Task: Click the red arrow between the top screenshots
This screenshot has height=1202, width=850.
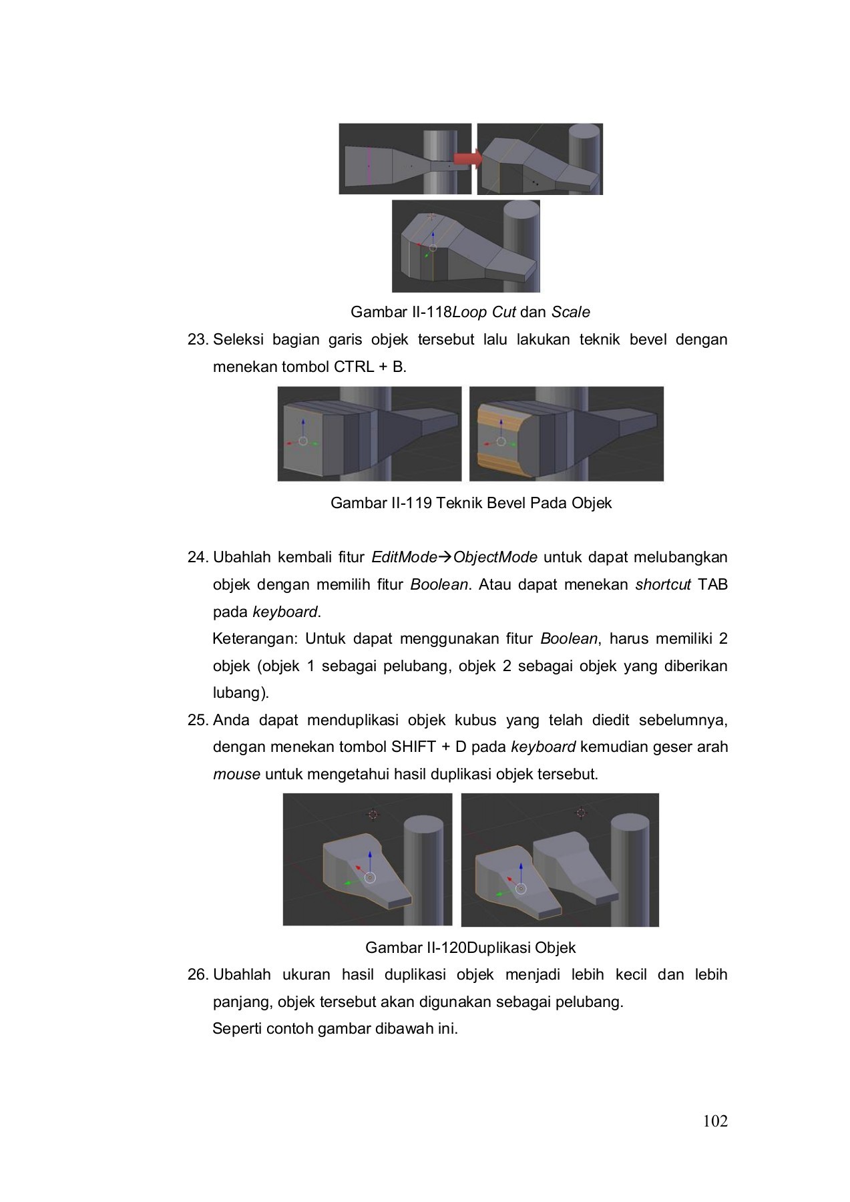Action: click(x=467, y=158)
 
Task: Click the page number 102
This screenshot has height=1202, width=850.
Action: click(x=715, y=1121)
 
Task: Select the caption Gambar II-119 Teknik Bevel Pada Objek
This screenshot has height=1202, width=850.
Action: click(x=471, y=503)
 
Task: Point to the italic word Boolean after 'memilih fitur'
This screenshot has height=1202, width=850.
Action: click(x=439, y=584)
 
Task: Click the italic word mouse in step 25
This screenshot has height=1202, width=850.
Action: click(x=236, y=775)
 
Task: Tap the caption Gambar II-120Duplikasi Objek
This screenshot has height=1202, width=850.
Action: click(x=470, y=947)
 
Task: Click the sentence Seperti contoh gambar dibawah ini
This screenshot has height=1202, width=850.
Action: click(x=335, y=1028)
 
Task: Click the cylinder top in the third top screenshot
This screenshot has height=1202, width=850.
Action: click(x=521, y=209)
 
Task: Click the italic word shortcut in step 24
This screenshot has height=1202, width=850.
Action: click(x=662, y=584)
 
